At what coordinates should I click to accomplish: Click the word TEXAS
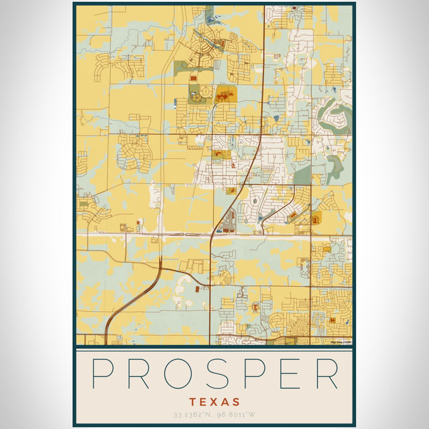(x=214, y=402)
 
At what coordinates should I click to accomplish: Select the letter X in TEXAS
(x=214, y=402)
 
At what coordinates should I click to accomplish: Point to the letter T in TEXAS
(x=193, y=402)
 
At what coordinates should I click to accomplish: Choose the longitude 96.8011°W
(x=235, y=416)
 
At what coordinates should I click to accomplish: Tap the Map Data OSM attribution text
(x=341, y=342)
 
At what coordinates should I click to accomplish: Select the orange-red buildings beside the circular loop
(x=224, y=95)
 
